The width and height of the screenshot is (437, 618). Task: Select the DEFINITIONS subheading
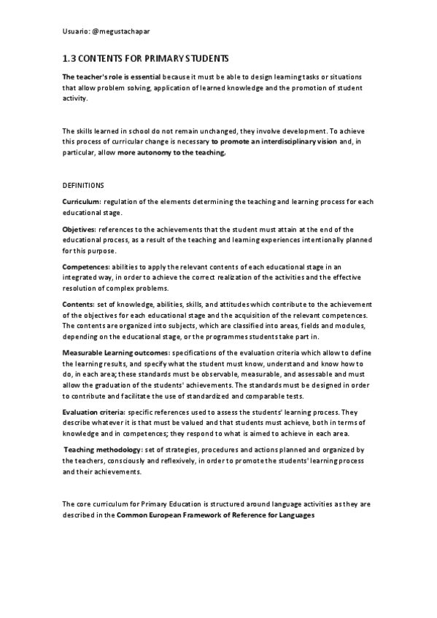point(83,186)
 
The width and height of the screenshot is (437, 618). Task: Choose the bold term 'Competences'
point(85,267)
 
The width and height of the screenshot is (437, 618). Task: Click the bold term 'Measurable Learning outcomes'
point(115,353)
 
